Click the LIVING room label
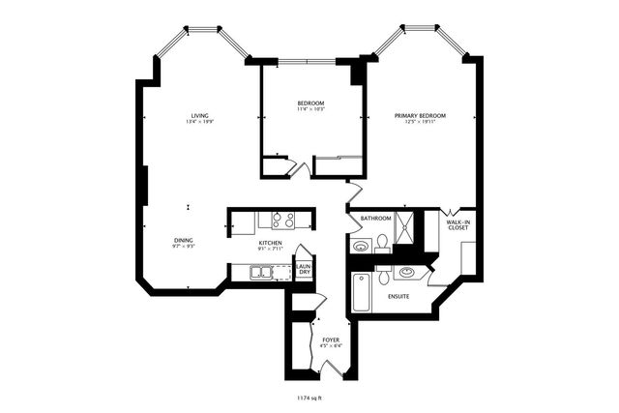[x=201, y=115]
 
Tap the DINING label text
[x=183, y=240]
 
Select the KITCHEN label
[x=270, y=242]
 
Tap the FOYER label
[x=330, y=339]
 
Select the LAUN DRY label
[x=304, y=270]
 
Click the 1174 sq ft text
[x=310, y=395]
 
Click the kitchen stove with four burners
[x=281, y=220]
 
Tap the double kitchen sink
[x=263, y=274]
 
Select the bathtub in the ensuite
[x=363, y=293]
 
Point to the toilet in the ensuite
[x=385, y=277]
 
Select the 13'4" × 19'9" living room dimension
[x=200, y=122]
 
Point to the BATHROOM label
[x=375, y=219]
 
